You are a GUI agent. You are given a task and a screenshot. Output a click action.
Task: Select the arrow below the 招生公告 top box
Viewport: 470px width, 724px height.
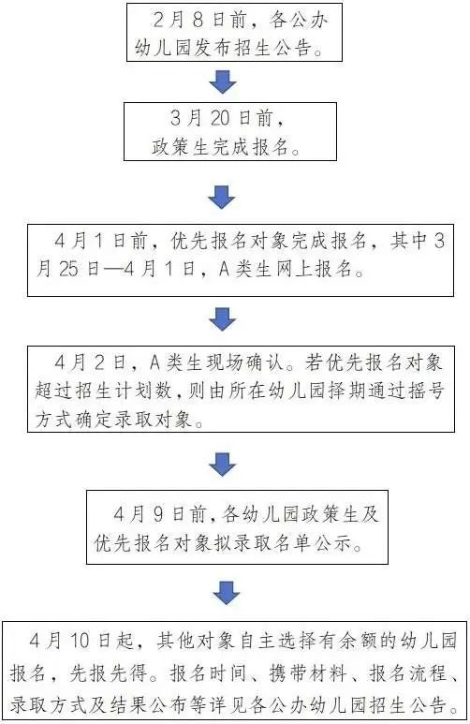223,81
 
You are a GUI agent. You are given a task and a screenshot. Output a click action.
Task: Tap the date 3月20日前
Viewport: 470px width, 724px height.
222,119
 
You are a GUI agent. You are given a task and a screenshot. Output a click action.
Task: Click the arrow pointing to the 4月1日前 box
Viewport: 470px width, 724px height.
222,198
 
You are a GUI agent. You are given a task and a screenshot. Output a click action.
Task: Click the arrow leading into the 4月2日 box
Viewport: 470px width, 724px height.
223,319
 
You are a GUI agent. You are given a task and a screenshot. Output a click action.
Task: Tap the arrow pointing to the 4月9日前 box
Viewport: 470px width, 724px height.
223,464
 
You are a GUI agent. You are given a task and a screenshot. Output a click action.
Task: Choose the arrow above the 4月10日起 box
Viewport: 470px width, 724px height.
227,593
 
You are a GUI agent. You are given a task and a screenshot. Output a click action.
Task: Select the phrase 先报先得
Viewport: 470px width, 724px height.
108,673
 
